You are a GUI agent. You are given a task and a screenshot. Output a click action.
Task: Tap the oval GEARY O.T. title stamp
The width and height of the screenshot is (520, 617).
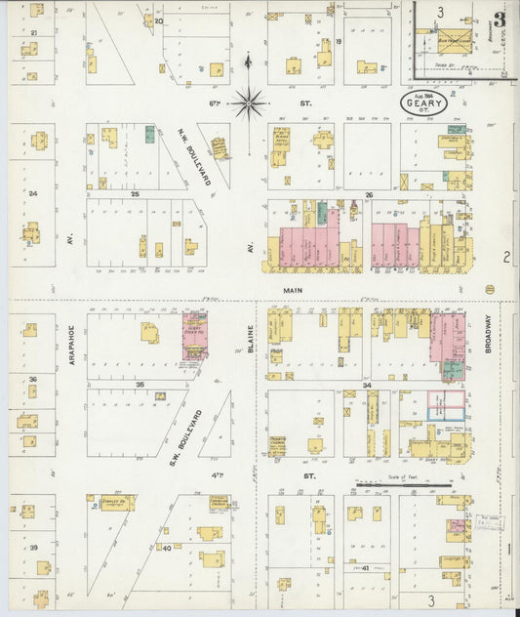coord(423,103)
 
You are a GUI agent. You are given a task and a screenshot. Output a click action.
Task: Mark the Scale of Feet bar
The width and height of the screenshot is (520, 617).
coord(403,482)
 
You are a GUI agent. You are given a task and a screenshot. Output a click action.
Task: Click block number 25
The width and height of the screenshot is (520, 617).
coord(136,194)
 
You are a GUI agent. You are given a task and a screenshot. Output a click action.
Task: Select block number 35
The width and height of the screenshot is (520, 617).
coord(140,385)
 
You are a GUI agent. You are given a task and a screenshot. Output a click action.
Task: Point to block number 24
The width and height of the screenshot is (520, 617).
coord(32,193)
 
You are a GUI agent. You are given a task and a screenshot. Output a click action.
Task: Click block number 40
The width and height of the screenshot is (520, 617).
coord(166,549)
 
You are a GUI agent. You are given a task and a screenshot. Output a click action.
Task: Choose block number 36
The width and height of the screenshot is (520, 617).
coord(32,379)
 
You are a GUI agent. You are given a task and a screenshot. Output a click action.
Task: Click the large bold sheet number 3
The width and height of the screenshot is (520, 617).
coord(499,20)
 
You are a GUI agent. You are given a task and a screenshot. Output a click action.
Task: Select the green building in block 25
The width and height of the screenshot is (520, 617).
coord(149,135)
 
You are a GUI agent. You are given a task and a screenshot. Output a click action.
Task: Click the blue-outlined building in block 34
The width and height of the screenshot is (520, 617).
coord(444,414)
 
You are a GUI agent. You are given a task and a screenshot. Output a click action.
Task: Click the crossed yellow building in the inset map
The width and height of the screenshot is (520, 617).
coord(452,42)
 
